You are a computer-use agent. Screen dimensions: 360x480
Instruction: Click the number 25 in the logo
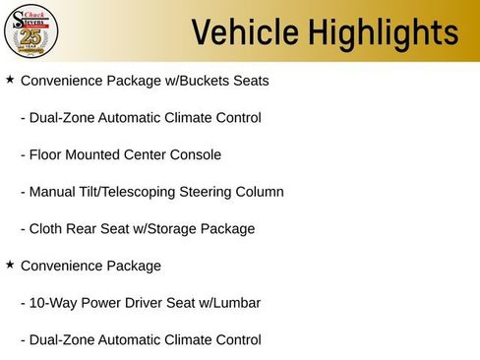tap(31, 34)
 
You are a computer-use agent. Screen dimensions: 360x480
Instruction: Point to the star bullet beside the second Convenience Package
tap(10, 265)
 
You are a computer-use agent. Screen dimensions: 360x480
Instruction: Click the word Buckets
tap(202, 80)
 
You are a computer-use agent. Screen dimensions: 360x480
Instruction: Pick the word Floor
tap(48, 154)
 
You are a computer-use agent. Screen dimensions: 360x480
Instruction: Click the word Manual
tap(55, 192)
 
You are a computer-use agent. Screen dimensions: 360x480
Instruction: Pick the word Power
tap(102, 303)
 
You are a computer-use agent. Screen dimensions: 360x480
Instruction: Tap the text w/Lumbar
tap(232, 303)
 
